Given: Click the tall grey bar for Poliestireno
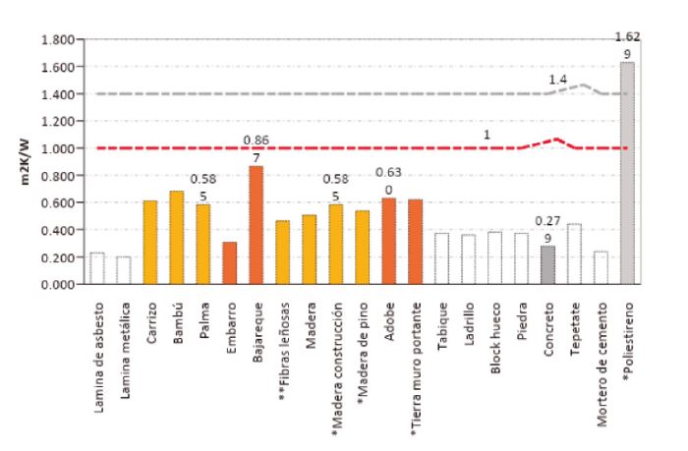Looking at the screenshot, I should click(627, 173).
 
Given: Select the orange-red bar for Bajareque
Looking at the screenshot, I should click(256, 225).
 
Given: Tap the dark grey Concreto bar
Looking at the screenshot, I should click(547, 265).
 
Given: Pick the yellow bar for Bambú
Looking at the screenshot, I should click(177, 237).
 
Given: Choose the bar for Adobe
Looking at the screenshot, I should click(388, 241).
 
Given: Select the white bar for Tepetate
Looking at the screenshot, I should click(574, 254).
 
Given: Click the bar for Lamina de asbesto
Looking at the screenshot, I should click(97, 268).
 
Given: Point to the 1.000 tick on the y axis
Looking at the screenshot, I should click(58, 148).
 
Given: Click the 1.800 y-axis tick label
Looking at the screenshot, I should click(58, 40).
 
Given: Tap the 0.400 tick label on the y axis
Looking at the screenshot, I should click(58, 230).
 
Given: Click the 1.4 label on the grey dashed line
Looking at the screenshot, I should click(558, 79).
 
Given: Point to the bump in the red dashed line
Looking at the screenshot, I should click(556, 140).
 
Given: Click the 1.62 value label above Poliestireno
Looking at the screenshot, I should click(627, 37).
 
